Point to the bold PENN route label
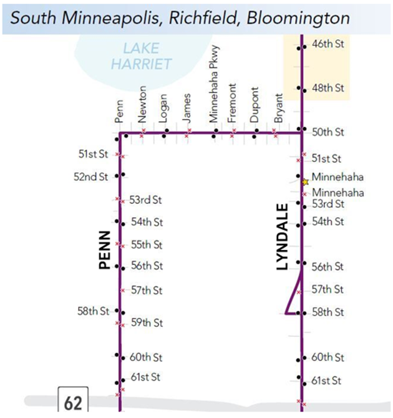click(x=104, y=250)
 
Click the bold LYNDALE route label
click(x=283, y=236)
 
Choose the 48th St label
click(x=328, y=88)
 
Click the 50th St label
click(x=328, y=132)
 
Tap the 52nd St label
click(x=91, y=177)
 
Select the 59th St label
click(x=147, y=323)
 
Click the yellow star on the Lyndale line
click(x=305, y=182)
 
